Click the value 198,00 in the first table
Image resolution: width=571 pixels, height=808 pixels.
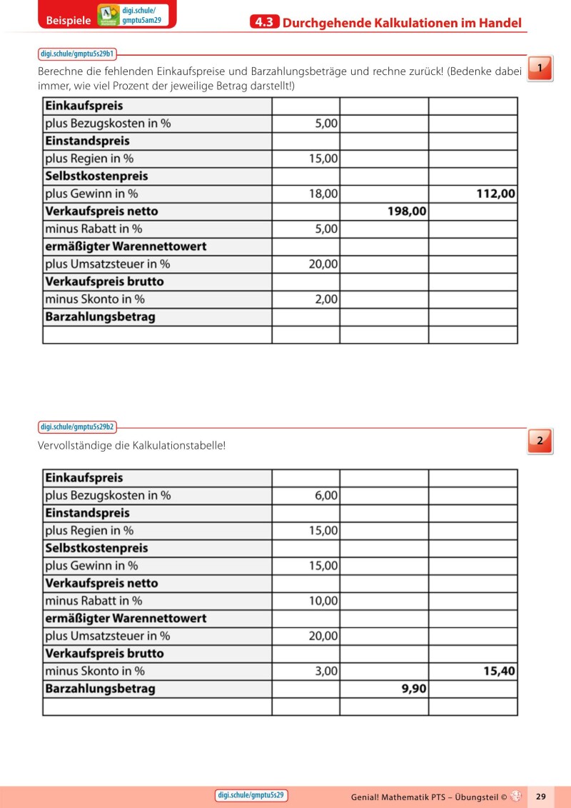pos(407,211)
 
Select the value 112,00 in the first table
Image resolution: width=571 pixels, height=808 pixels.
pos(495,194)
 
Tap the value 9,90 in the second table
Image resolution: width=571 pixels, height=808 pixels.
pos(409,689)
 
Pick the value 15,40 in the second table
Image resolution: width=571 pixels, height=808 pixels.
pos(498,672)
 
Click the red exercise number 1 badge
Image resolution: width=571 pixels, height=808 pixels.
pos(540,68)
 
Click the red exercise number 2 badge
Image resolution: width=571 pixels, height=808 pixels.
pos(540,441)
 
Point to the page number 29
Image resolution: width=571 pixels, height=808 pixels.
pos(540,796)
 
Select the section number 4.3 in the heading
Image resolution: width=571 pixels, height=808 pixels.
pos(265,23)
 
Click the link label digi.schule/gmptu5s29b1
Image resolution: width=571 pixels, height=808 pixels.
pos(77,54)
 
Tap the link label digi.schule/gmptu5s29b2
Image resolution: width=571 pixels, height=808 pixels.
pos(77,427)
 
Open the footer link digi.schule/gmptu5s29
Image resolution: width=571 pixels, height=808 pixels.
pos(251,795)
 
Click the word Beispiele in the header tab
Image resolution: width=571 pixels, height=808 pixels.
pos(68,21)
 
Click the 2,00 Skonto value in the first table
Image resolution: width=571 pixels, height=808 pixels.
pos(326,299)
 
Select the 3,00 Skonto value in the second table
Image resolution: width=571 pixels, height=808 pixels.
pos(326,672)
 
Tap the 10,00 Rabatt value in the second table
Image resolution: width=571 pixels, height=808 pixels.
pos(323,601)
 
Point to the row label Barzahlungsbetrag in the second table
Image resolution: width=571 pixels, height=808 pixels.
pos(100,689)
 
